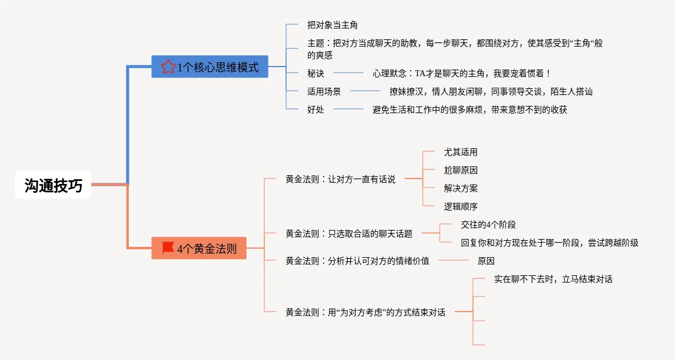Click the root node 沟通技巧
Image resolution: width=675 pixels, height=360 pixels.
(x=53, y=185)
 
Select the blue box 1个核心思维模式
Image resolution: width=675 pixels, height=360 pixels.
(x=210, y=67)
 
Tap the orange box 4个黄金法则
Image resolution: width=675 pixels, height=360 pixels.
(x=199, y=248)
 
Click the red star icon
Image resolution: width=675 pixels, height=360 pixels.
(x=168, y=67)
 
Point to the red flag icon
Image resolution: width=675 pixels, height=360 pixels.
(x=168, y=248)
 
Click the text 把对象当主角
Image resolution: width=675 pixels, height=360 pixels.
(x=332, y=25)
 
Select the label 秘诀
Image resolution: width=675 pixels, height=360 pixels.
(x=316, y=73)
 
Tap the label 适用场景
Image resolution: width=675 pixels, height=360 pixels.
(x=324, y=91)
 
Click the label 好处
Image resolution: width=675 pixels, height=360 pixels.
(x=316, y=110)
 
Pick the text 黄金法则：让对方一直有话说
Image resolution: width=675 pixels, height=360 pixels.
(x=341, y=179)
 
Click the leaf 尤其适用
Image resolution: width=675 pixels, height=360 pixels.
(x=461, y=152)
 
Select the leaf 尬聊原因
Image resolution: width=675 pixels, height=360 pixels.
(x=461, y=170)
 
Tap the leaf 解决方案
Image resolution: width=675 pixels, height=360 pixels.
(x=461, y=188)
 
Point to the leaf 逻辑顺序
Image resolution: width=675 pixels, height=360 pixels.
(x=461, y=206)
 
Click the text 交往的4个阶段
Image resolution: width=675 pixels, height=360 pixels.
(x=488, y=224)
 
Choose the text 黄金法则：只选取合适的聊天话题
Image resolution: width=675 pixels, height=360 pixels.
(x=349, y=234)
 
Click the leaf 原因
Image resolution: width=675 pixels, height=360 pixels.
(x=486, y=261)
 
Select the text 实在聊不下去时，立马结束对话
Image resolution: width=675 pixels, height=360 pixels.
(x=553, y=279)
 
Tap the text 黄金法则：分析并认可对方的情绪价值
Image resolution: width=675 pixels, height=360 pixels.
(x=357, y=261)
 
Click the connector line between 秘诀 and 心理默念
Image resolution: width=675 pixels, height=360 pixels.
(x=348, y=73)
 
